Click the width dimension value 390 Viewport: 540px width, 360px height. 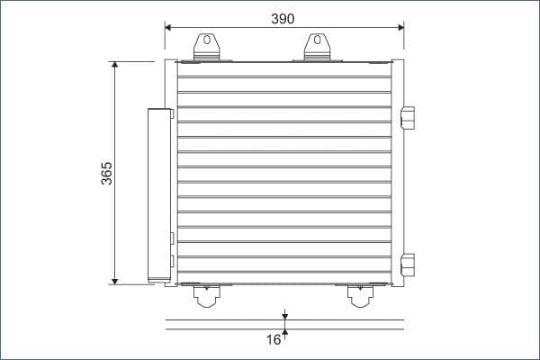283,18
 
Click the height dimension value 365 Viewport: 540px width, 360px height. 106,173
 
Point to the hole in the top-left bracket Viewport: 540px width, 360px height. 207,40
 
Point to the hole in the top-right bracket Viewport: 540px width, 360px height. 315,40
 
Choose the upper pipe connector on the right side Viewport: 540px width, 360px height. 408,118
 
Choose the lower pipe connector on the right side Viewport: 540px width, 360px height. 408,265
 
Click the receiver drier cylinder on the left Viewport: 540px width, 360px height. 159,193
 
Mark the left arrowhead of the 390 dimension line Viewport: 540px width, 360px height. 169,26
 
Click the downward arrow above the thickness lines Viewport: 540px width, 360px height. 284,315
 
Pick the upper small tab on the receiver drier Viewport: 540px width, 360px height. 172,239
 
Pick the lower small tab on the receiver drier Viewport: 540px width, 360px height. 172,263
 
